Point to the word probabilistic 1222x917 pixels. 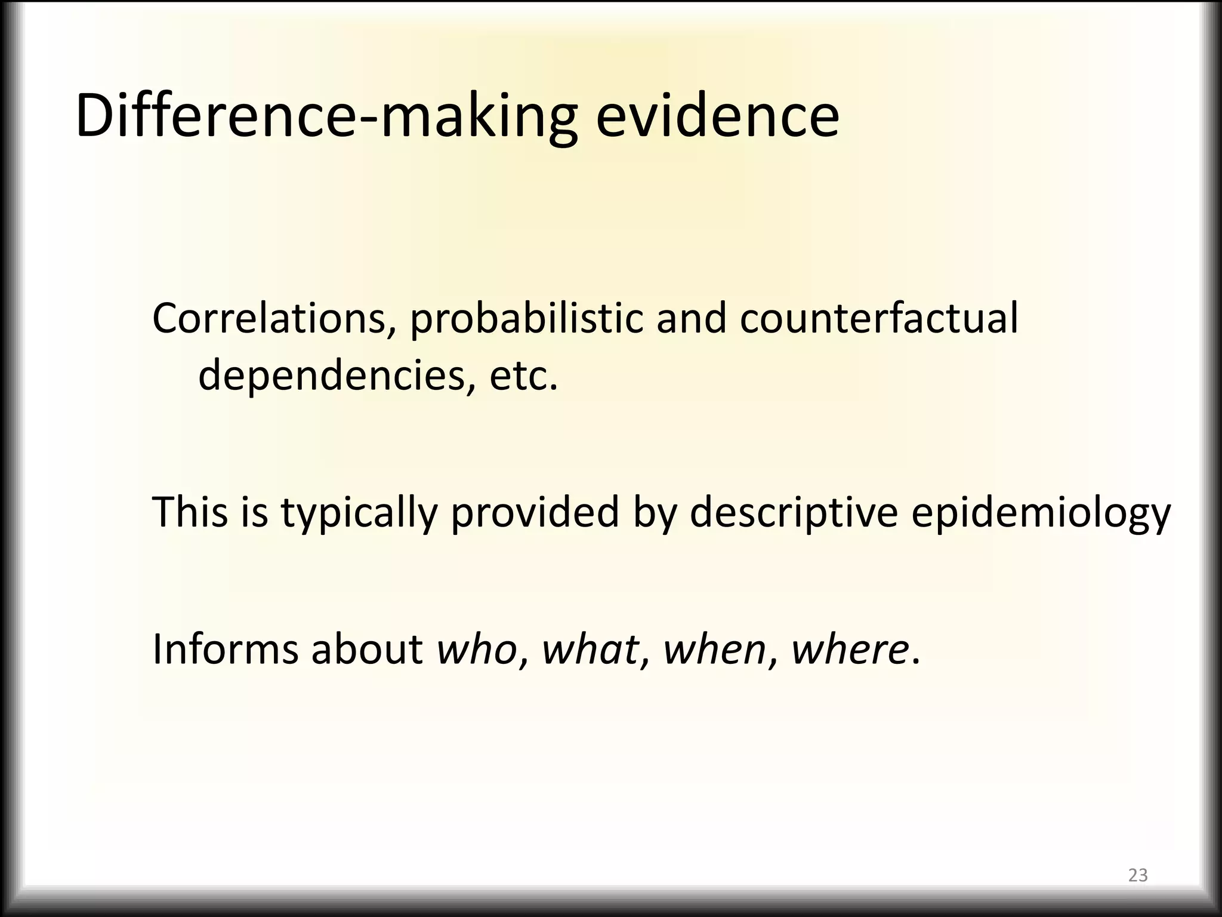tap(526, 319)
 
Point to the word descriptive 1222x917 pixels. tap(794, 513)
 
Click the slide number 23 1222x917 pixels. tap(1138, 875)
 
